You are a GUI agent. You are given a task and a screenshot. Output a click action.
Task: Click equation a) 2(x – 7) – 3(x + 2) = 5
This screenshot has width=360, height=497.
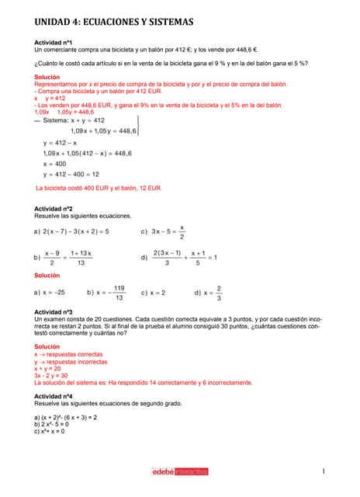point(71,231)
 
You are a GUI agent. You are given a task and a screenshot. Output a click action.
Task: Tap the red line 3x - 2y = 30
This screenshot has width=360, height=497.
point(52,375)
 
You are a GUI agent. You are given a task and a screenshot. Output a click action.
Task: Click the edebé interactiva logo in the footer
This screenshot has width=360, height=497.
point(180,471)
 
